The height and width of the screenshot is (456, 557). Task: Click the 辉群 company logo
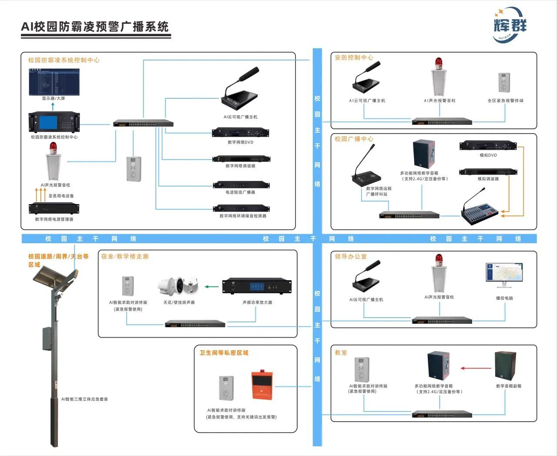point(510,25)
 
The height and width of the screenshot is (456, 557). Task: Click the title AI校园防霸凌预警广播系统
point(95,27)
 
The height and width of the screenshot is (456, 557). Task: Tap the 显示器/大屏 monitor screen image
point(54,81)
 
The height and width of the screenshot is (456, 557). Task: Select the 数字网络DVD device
point(240,132)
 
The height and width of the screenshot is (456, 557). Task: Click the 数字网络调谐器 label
point(240,166)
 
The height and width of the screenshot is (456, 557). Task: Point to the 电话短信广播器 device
point(241,185)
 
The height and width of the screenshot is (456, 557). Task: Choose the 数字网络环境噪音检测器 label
point(243,216)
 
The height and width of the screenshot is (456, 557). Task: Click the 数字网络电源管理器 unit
point(54,208)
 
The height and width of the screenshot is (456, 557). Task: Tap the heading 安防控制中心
point(354,57)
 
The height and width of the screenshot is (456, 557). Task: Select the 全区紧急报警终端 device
point(504,82)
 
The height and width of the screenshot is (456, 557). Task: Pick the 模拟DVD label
point(488,155)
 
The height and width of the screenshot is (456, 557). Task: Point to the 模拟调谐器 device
point(488,172)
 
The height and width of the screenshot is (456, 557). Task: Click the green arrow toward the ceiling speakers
point(211,287)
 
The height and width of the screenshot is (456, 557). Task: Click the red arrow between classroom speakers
point(476,368)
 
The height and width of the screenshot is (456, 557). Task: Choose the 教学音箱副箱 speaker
point(505,366)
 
